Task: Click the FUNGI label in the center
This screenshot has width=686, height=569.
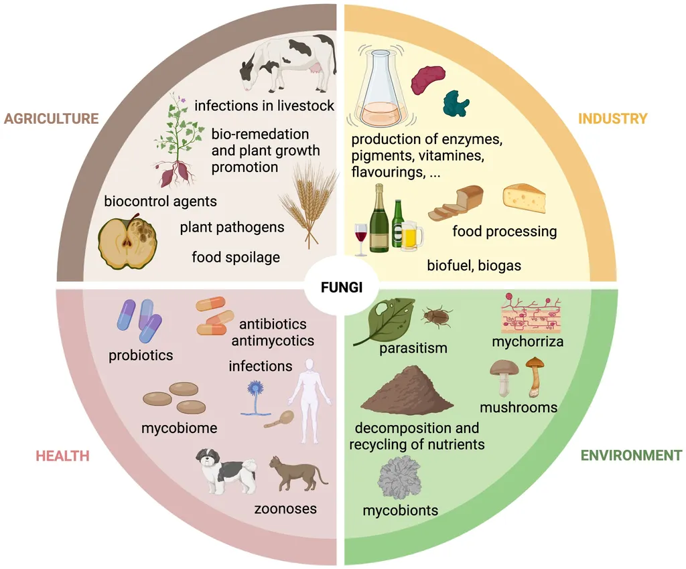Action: [x=341, y=287]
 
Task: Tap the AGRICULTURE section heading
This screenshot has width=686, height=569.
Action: [x=51, y=118]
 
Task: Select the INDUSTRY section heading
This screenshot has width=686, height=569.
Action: [x=612, y=118]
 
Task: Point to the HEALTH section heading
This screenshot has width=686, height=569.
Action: [x=62, y=456]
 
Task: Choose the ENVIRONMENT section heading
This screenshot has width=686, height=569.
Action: [x=631, y=455]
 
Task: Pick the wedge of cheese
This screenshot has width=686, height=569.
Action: [x=524, y=198]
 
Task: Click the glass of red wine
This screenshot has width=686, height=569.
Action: [x=361, y=239]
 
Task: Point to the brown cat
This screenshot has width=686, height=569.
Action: [x=297, y=475]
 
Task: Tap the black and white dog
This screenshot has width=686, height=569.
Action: [x=225, y=471]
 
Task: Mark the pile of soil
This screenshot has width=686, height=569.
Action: [x=407, y=390]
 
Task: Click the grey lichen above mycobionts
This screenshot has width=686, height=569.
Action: [x=399, y=478]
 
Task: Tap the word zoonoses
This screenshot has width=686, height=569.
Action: [x=285, y=509]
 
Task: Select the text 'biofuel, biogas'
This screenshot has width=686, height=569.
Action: [x=474, y=265]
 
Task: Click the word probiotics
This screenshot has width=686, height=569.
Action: [x=141, y=355]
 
